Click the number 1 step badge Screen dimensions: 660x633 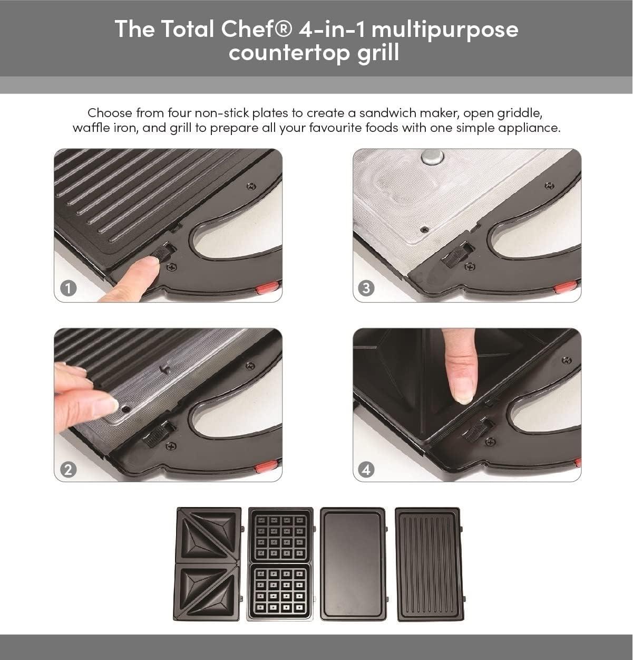(69, 288)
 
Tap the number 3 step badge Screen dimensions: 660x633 (366, 288)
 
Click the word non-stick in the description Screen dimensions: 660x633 (219, 113)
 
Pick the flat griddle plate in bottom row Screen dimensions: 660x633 (353, 563)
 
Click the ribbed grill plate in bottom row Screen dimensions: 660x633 (428, 563)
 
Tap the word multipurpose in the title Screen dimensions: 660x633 (444, 29)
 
